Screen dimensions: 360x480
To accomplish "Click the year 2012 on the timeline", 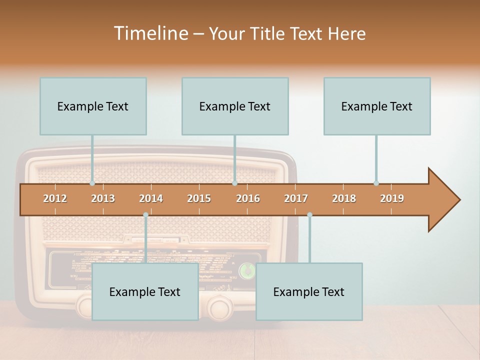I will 55,198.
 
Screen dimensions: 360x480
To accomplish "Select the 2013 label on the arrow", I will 103,198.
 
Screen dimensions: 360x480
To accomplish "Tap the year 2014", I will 151,198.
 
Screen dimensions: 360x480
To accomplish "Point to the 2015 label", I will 199,198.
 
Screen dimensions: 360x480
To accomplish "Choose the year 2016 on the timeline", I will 248,198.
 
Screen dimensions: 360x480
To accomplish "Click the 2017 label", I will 296,198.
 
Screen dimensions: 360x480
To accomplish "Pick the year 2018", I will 344,198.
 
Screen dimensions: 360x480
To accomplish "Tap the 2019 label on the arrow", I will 392,198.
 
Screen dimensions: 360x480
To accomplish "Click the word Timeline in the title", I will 150,33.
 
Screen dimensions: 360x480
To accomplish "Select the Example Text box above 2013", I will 93,106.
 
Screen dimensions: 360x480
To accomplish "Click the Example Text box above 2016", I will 235,106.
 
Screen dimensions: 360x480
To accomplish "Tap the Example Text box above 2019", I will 377,106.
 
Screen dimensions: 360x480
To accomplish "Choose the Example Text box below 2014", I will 145,291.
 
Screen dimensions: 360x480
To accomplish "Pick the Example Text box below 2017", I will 309,291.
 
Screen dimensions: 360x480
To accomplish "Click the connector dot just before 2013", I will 92,183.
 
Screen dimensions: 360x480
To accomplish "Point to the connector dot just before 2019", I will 376,183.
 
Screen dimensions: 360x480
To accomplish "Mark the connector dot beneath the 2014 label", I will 145,215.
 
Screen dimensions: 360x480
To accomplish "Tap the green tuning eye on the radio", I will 245,270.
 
